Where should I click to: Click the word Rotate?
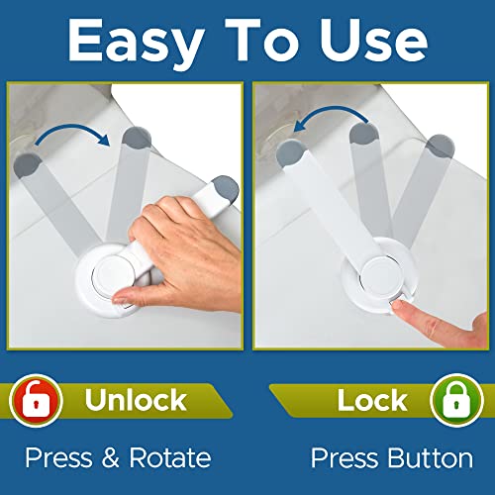(171, 458)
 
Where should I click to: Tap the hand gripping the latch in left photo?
(178, 238)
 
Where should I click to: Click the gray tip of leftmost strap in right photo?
(287, 152)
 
